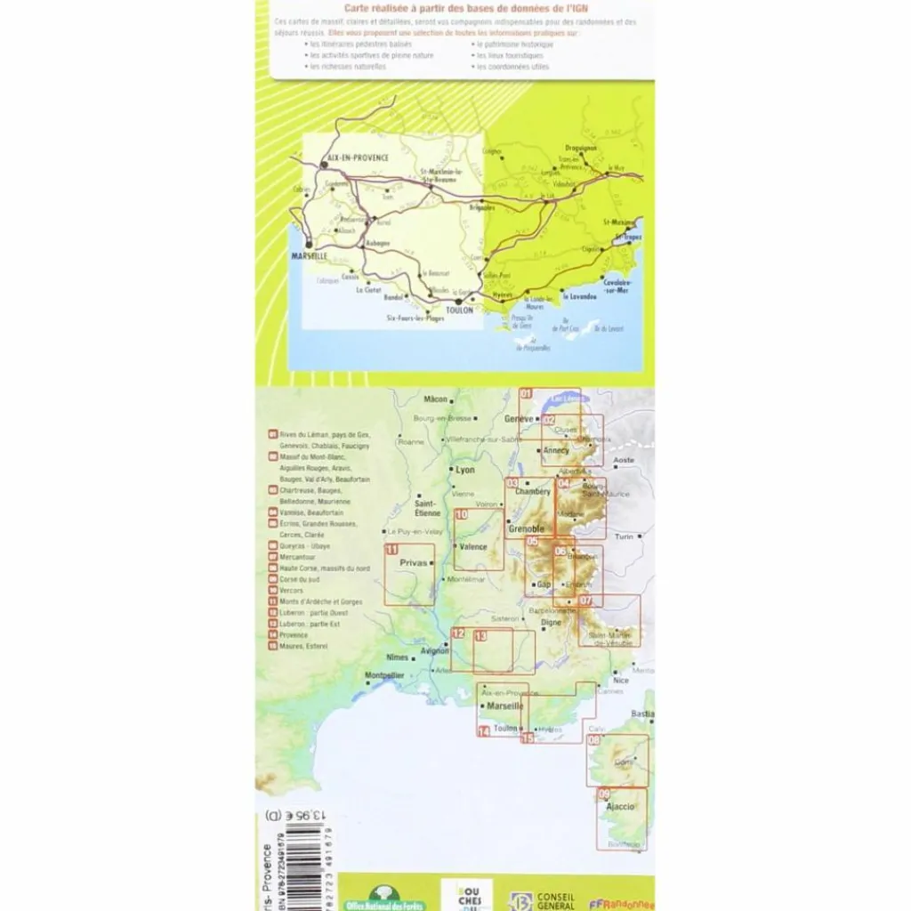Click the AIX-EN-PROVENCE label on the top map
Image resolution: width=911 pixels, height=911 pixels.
click(x=359, y=157)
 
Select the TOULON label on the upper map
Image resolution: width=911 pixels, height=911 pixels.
click(x=459, y=310)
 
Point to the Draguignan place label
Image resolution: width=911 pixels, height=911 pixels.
click(x=581, y=148)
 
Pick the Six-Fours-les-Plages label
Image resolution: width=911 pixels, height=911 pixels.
click(x=415, y=318)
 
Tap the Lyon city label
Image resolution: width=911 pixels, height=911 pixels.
click(x=465, y=470)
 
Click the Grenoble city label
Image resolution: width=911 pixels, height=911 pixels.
click(x=526, y=529)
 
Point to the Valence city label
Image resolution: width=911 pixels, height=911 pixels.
click(x=473, y=547)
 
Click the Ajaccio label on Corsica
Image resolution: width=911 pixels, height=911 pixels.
click(x=620, y=807)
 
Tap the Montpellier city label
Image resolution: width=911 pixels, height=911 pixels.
click(x=385, y=675)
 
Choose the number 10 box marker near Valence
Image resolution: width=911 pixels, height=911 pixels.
click(x=461, y=514)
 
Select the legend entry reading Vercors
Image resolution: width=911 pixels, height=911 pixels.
click(x=291, y=591)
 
